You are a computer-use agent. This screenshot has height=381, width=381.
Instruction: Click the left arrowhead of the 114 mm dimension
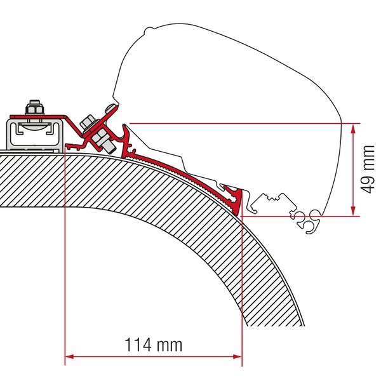click(70, 356)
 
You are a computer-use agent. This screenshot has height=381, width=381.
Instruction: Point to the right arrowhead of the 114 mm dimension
click(237, 356)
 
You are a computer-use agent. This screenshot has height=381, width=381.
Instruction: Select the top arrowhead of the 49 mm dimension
click(352, 128)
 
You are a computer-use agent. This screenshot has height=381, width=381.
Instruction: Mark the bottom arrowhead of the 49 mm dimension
click(352, 211)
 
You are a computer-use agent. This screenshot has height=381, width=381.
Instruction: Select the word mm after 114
click(170, 345)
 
